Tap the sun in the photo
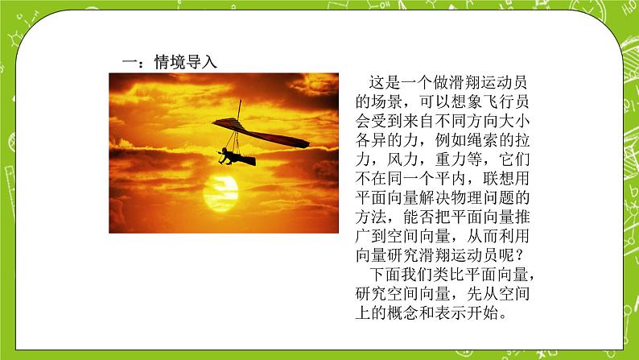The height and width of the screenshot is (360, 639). [x=221, y=191]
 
